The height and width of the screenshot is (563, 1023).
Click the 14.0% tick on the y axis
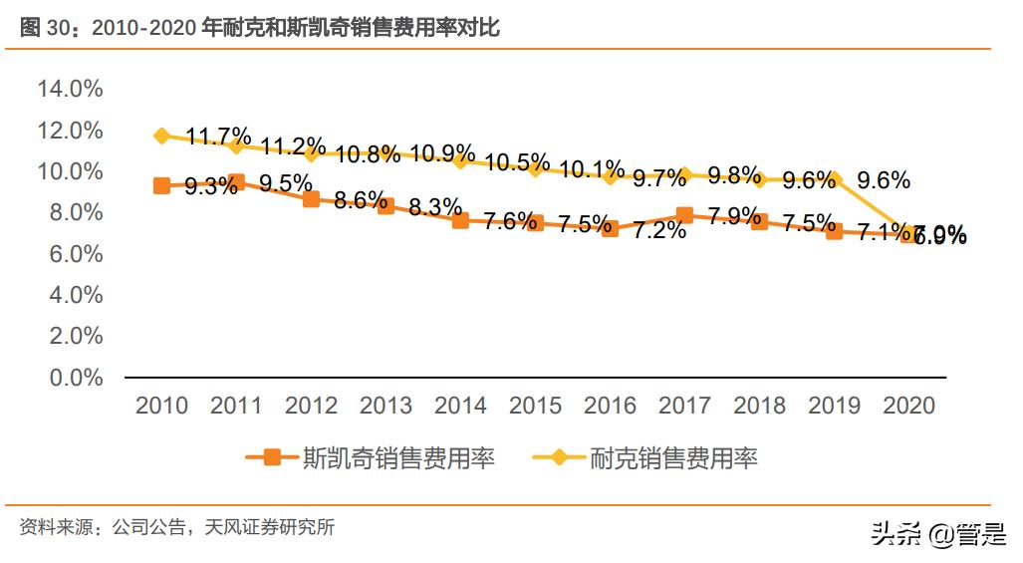70,90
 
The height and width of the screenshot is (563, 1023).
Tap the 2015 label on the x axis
535,406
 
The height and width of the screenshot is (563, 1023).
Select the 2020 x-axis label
908,406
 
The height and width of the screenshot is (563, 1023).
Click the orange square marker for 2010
161,185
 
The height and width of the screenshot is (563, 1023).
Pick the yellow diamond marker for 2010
161,136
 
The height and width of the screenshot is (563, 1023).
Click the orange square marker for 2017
684,215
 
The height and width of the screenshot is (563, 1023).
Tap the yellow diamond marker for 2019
834,180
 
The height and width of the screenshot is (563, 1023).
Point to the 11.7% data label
216,138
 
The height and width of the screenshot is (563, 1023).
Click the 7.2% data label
658,231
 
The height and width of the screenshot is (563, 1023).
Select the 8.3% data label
434,207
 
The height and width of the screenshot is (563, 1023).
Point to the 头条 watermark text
895,534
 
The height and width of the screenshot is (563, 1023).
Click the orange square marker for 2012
311,198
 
